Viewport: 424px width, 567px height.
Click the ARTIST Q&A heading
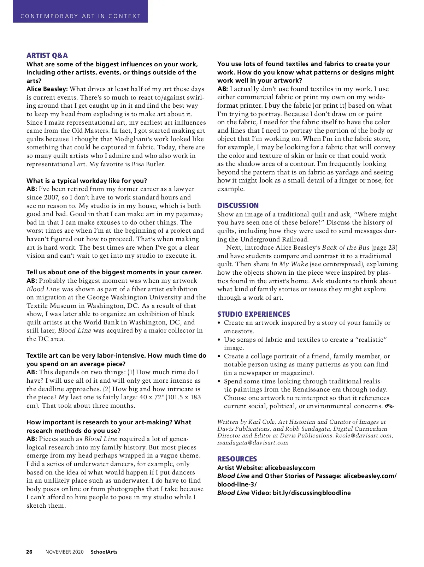(47, 55)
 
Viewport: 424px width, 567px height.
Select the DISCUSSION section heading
(238, 205)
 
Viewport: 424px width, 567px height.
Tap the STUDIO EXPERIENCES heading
(253, 314)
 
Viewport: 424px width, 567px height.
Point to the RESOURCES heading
(237, 459)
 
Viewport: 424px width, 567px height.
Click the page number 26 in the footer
(29, 552)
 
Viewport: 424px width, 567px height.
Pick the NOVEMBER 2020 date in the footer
(64, 552)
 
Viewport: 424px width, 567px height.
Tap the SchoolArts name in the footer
(104, 552)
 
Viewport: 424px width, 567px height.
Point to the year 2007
(52, 197)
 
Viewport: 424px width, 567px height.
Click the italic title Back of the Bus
(345, 247)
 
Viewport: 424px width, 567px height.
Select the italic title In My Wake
(289, 264)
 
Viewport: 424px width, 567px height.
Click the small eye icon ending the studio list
(389, 406)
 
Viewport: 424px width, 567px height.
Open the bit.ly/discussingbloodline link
(312, 493)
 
